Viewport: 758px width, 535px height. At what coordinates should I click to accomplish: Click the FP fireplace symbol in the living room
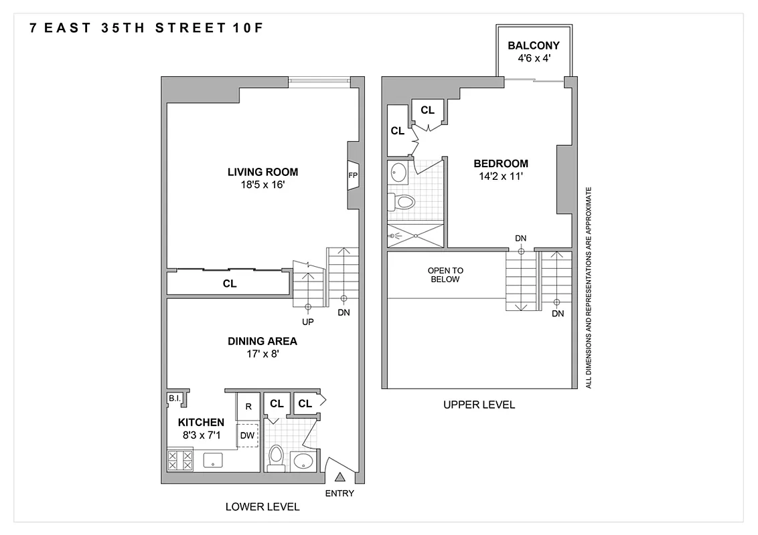pyautogui.click(x=353, y=176)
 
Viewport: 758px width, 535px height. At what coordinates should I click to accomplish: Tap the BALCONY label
pyautogui.click(x=533, y=46)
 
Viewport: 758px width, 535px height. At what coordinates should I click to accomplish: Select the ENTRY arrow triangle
pyautogui.click(x=339, y=477)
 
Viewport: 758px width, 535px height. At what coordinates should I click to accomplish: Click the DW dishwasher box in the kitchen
pyautogui.click(x=248, y=435)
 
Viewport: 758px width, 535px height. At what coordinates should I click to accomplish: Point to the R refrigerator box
pyautogui.click(x=248, y=406)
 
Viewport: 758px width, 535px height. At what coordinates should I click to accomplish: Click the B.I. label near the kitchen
pyautogui.click(x=174, y=399)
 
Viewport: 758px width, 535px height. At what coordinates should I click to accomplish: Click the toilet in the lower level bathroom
pyautogui.click(x=276, y=457)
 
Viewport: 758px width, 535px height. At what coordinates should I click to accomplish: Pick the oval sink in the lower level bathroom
pyautogui.click(x=303, y=461)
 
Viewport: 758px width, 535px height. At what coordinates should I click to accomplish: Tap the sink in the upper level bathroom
pyautogui.click(x=398, y=173)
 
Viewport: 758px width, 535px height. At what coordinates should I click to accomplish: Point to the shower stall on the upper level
pyautogui.click(x=415, y=235)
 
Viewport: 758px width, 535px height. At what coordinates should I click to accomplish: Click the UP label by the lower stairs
pyautogui.click(x=308, y=322)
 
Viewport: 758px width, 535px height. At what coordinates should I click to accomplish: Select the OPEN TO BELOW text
pyautogui.click(x=445, y=275)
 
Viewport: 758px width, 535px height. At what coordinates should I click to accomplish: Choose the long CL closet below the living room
pyautogui.click(x=230, y=284)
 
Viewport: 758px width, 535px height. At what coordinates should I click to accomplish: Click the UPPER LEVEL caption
pyautogui.click(x=479, y=405)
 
